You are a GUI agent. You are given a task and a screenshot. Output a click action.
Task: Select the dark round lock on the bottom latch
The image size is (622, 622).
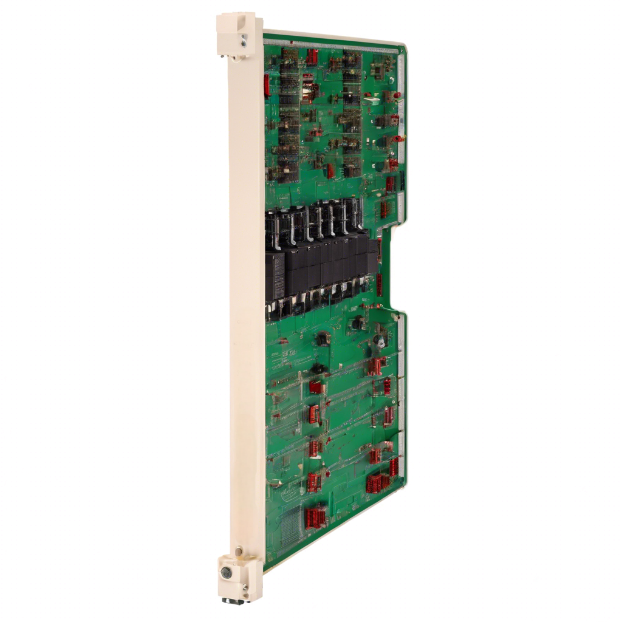click(x=226, y=572)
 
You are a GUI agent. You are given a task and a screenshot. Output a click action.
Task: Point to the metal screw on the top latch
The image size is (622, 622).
click(x=244, y=41)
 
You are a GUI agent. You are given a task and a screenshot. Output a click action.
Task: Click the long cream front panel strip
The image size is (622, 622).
click(x=245, y=304)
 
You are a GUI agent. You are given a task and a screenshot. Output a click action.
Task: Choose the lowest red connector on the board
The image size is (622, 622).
click(x=315, y=518)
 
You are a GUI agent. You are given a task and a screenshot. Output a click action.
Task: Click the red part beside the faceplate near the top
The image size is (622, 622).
click(x=266, y=85)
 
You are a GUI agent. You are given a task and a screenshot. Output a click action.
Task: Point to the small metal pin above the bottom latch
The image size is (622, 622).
click(x=239, y=550)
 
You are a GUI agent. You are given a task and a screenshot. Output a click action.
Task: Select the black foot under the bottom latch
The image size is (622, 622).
click(x=233, y=601)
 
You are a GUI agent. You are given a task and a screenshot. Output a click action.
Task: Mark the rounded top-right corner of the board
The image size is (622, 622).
click(x=403, y=49)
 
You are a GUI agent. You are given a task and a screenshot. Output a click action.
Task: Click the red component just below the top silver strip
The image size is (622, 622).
click(x=312, y=57)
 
